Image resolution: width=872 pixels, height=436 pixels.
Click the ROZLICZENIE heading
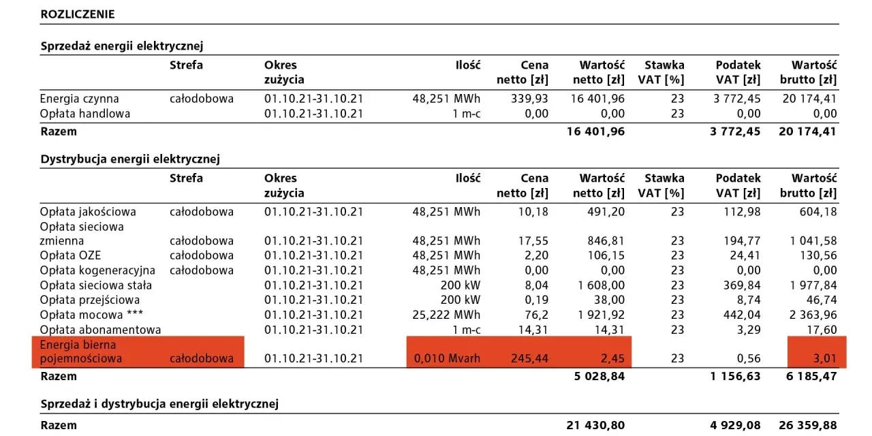(x=78, y=14)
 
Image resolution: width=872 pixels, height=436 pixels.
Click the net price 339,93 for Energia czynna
(x=529, y=99)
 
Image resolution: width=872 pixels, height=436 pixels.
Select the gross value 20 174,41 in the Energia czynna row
(x=809, y=99)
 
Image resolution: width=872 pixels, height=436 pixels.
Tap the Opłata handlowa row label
(x=85, y=114)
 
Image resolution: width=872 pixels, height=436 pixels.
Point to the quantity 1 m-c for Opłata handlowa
(x=467, y=114)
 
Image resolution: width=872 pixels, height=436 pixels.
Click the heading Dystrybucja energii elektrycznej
(x=130, y=159)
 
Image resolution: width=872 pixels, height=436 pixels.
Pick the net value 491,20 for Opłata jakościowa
(x=606, y=212)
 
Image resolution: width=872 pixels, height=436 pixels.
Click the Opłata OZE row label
(x=70, y=255)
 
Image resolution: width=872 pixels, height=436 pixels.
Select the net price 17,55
(x=533, y=241)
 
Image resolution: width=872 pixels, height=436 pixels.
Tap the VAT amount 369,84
(x=742, y=285)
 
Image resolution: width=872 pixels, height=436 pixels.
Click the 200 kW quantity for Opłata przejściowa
(x=461, y=300)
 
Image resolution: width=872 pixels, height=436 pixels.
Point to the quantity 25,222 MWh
(x=446, y=315)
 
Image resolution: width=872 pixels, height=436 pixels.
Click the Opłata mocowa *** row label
(x=91, y=315)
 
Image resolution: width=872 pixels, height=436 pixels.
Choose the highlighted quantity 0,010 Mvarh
(x=447, y=358)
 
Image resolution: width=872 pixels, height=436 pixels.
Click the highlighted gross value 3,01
(x=825, y=358)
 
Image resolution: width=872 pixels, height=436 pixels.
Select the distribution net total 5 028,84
(x=599, y=377)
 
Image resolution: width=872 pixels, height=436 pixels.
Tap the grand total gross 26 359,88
(x=808, y=425)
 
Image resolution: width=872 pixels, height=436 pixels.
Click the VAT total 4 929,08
(x=735, y=425)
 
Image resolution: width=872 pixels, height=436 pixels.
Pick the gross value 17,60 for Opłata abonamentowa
(x=822, y=330)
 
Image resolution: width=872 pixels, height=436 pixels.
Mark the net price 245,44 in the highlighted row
(x=529, y=358)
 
